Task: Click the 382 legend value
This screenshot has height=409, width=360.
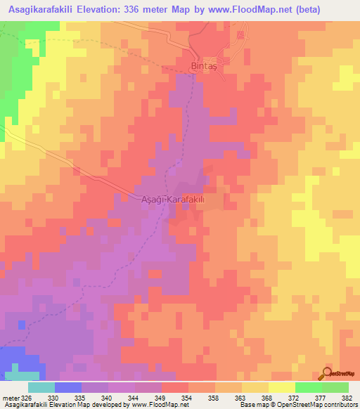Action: coord(347,398)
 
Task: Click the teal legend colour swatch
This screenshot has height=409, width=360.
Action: coord(41,387)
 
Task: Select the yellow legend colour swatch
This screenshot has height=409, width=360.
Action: coord(281,387)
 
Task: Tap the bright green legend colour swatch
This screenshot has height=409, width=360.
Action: coord(308,387)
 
